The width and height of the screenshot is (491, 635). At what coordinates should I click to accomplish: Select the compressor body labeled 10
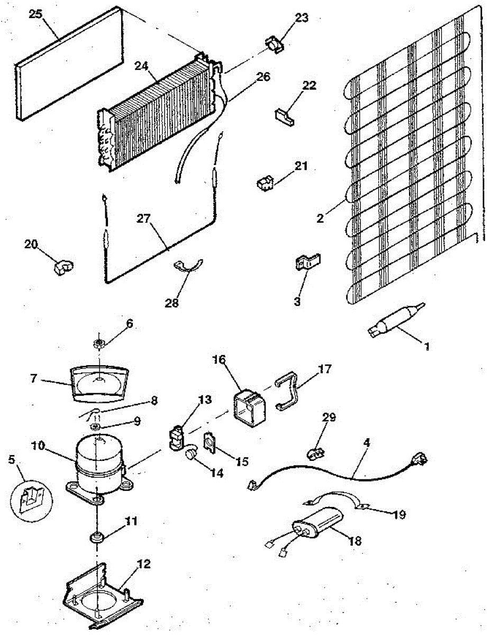click(98, 464)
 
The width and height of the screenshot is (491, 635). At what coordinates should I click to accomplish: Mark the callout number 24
click(141, 66)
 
